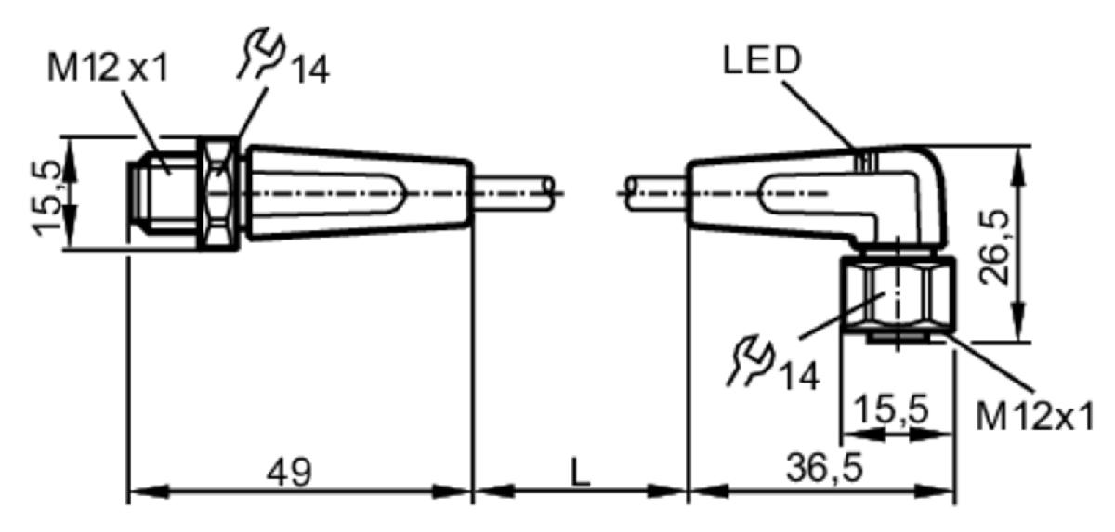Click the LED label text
762,60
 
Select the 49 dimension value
289,472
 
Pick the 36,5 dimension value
824,468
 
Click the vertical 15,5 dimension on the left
46,198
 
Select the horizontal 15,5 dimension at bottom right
891,409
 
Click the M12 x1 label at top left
108,68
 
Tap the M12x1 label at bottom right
1035,416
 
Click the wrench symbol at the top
261,53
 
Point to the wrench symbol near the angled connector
750,361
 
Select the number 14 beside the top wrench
309,71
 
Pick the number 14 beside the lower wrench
799,376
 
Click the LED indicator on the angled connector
866,162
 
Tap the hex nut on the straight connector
218,193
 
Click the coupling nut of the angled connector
898,294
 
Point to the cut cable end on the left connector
549,193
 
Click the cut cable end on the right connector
631,193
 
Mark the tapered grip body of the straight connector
360,193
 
